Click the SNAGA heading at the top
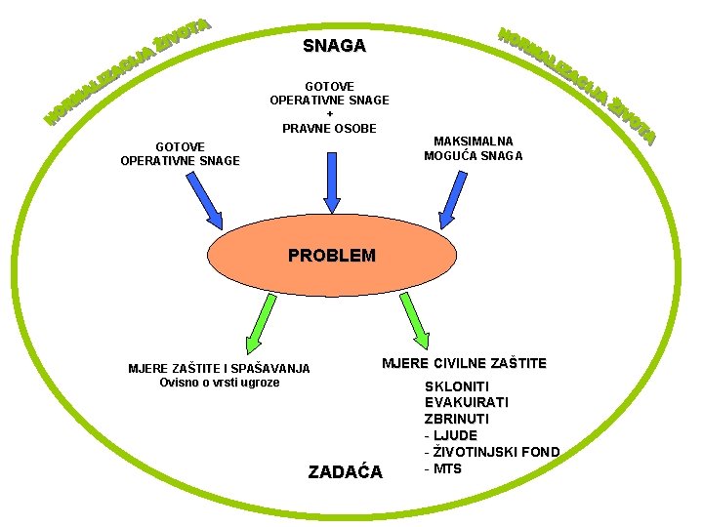point(334,46)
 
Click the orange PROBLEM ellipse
point(332,256)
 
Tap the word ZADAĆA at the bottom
point(346,472)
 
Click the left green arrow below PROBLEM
point(261,323)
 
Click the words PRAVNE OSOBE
point(329,128)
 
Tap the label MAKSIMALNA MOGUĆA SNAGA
point(474,148)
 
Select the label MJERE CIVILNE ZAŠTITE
point(464,364)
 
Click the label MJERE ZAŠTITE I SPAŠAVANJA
point(219,369)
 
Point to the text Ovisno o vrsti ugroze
point(219,383)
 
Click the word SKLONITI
point(457,386)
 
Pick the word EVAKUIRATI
point(466,402)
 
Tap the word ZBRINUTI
point(457,419)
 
